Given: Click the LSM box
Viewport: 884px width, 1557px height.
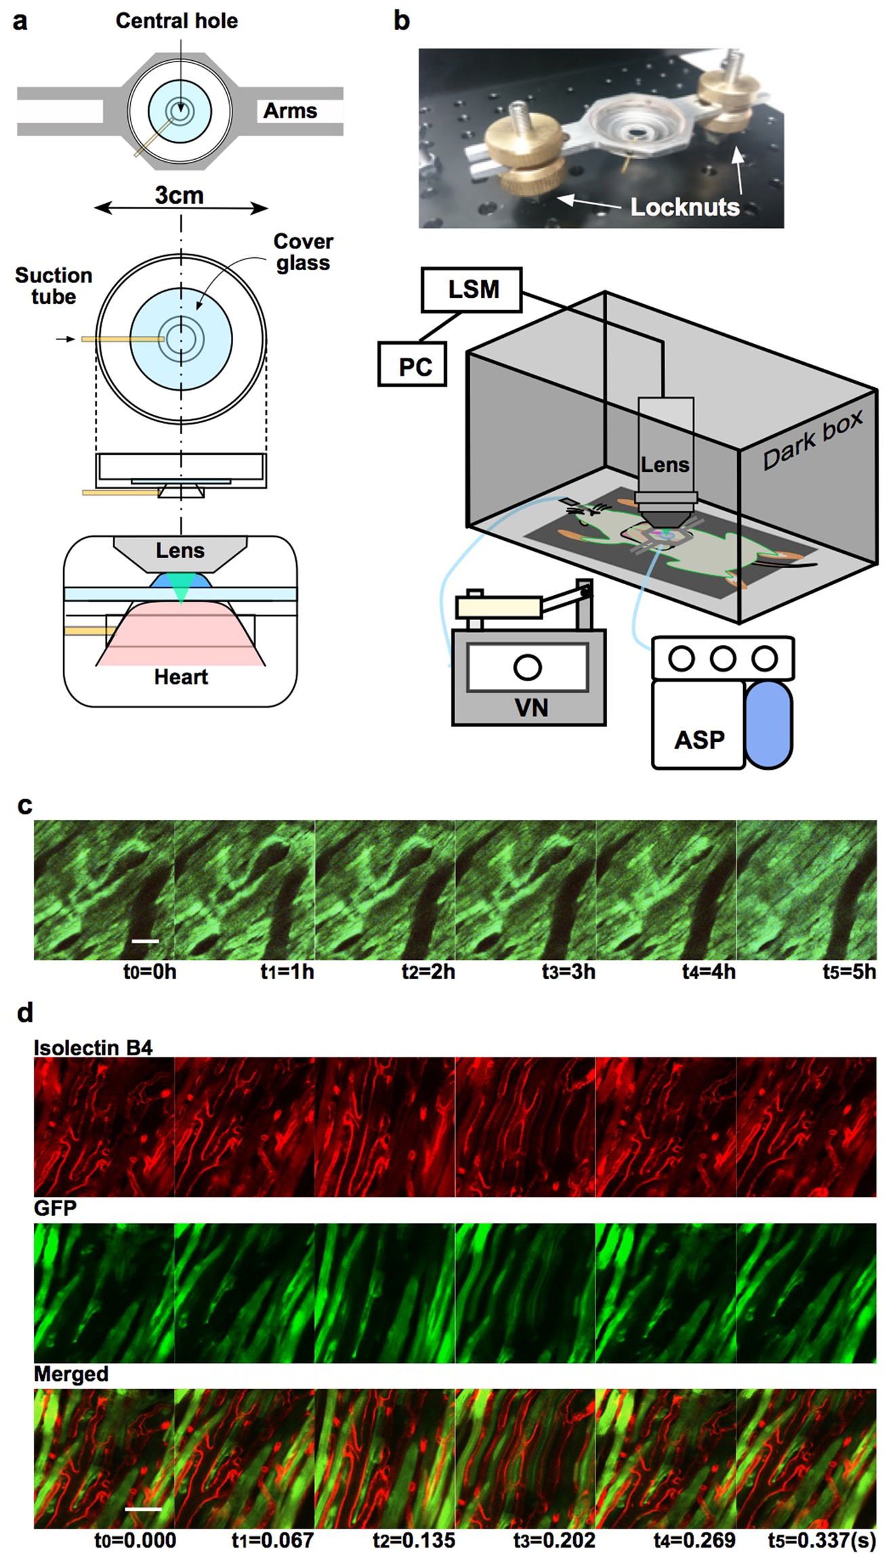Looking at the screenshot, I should point(471,290).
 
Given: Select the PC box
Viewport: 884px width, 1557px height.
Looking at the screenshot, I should point(412,366).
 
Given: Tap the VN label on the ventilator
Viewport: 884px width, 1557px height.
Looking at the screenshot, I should point(531,708).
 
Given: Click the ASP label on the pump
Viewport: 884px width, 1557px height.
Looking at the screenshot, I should point(698,739).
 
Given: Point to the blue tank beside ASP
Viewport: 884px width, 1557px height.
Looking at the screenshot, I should point(769,724).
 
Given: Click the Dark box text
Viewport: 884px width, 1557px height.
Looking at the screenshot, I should point(812,439).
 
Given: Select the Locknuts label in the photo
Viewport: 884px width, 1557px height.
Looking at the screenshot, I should point(684,207).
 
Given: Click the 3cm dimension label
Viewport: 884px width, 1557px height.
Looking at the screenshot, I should point(179,196).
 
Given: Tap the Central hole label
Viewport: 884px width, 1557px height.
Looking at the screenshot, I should point(177,21).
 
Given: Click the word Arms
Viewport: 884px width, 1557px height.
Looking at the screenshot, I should point(290,110).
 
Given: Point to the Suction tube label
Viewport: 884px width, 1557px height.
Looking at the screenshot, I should point(54,286).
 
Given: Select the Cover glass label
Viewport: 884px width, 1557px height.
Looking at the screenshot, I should point(303,252).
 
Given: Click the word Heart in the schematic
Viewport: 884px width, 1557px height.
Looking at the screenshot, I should point(181,676).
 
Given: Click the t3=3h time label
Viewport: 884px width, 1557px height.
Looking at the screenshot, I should point(568,972).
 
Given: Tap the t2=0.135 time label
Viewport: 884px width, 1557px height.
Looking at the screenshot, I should point(413,1541).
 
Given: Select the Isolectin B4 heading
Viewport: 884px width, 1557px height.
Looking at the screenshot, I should point(93,1048).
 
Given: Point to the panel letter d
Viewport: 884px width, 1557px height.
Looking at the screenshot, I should point(24,1013).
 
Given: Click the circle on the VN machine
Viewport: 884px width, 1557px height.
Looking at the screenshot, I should point(527,667).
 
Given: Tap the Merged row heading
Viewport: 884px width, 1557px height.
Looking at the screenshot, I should point(71,1374).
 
